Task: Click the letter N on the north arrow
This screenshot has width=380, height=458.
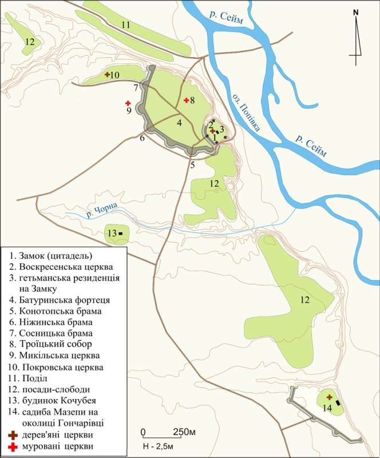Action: coord(355,11)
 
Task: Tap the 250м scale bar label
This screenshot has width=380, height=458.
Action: coord(181,432)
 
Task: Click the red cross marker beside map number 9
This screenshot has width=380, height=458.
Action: coord(128,103)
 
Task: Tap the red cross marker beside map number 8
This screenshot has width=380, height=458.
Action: coord(186,100)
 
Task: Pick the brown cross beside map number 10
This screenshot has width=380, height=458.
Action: coord(107,74)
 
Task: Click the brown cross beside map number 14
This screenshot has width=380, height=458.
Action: coord(330,397)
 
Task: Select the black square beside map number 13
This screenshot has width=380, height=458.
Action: coord(121,232)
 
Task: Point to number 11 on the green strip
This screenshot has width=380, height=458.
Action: coord(125,25)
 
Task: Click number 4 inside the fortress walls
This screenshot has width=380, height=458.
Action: coord(179,123)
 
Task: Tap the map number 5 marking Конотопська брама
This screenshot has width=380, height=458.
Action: coord(193,165)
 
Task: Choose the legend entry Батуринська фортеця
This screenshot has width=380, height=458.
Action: coord(62,299)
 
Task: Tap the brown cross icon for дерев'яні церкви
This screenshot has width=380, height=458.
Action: coord(11,435)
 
